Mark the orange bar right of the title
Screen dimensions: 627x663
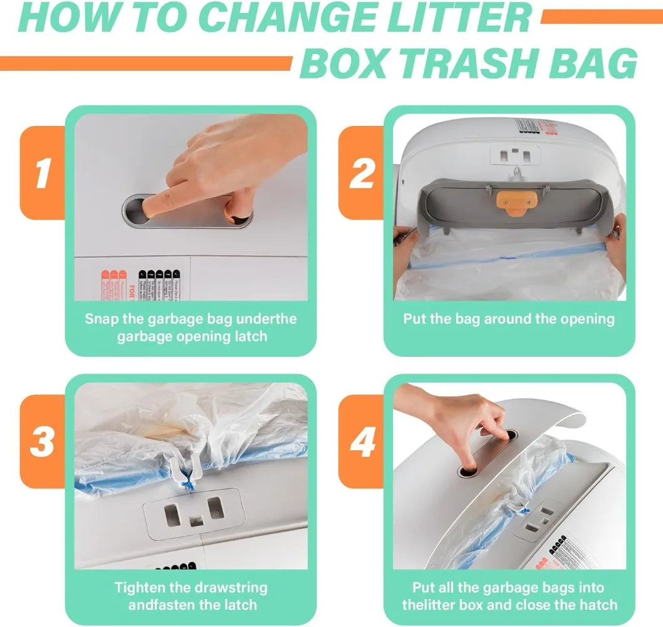tap(601, 17)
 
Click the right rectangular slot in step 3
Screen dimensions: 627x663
tap(216, 508)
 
